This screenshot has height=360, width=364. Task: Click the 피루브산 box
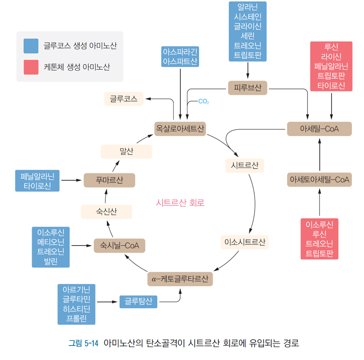click(248, 88)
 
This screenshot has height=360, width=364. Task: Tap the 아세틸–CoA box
click(319, 129)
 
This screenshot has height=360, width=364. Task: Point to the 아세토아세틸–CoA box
click(319, 180)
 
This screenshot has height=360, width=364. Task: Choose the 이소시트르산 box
click(245, 242)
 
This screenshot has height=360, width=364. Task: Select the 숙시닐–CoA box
click(119, 245)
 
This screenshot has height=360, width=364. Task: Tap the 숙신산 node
click(107, 212)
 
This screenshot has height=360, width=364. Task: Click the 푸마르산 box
click(109, 180)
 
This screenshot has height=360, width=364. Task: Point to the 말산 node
click(126, 151)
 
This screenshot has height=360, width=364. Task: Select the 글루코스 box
click(124, 99)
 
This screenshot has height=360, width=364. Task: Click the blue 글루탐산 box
click(138, 302)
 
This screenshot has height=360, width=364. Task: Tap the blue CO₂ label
click(204, 102)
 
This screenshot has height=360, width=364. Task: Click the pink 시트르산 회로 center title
click(180, 203)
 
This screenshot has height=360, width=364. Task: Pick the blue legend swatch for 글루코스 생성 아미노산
click(31, 45)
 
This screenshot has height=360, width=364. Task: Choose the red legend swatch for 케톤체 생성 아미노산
click(31, 67)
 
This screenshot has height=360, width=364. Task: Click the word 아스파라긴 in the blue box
click(181, 52)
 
